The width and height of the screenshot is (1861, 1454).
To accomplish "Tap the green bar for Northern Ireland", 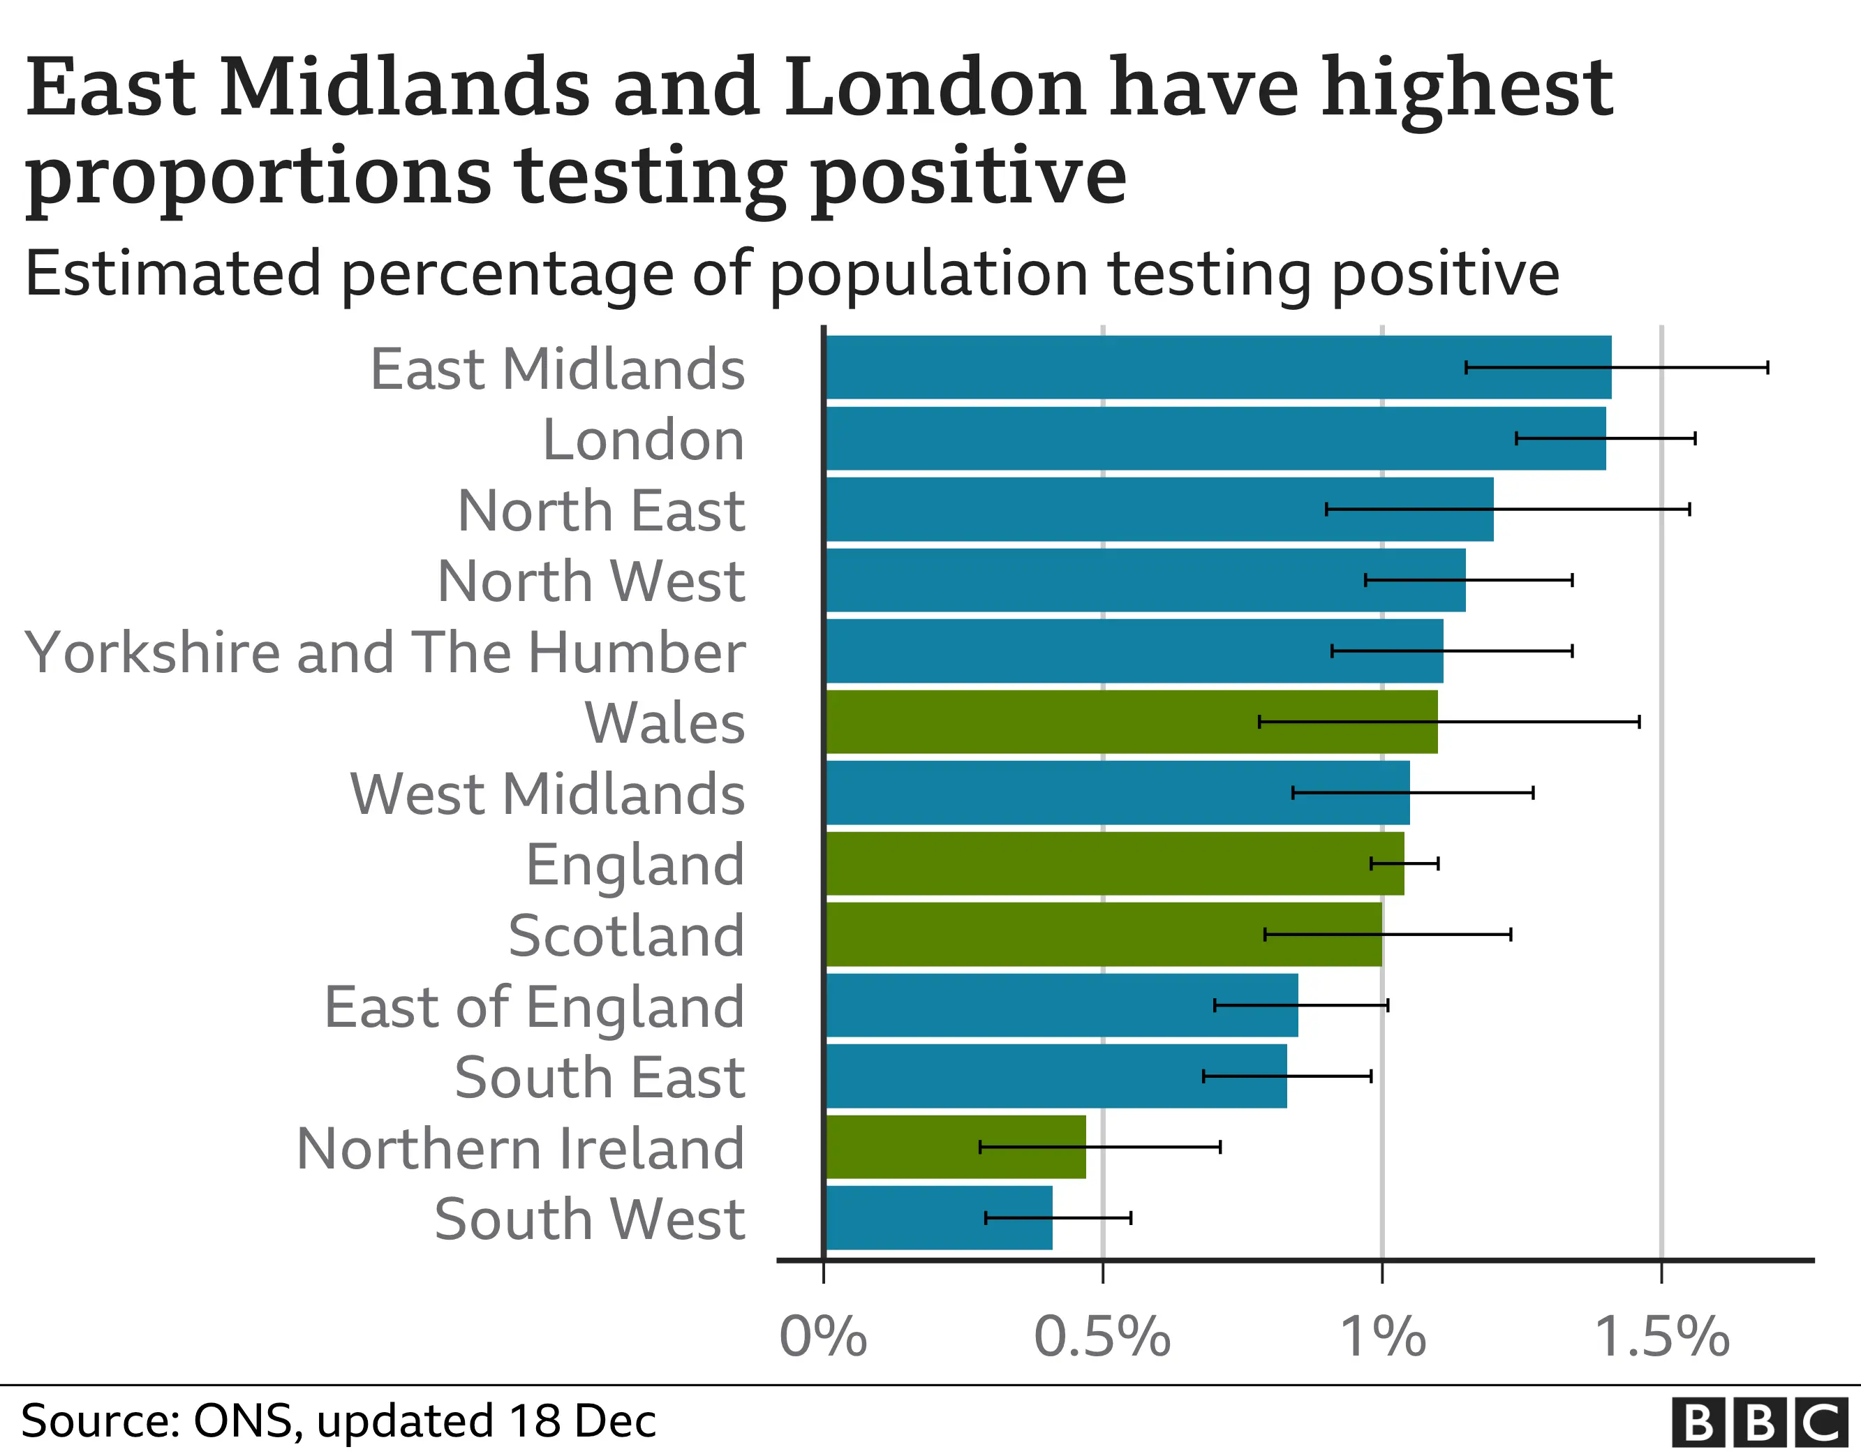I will [954, 1147].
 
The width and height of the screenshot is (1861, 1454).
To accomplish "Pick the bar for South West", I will [937, 1218].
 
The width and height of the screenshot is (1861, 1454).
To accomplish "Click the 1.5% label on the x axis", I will [1661, 1337].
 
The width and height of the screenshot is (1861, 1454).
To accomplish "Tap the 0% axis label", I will [823, 1337].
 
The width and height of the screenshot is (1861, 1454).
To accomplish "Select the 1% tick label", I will [1382, 1337].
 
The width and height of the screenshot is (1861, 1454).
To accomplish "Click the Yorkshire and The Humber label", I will [385, 653].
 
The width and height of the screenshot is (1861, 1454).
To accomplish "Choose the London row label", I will [644, 440].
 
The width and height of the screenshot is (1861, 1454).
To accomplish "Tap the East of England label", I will [534, 1007].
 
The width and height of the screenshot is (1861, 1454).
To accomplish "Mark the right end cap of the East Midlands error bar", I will [1767, 367].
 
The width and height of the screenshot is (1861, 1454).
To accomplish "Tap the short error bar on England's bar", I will [1404, 863].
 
